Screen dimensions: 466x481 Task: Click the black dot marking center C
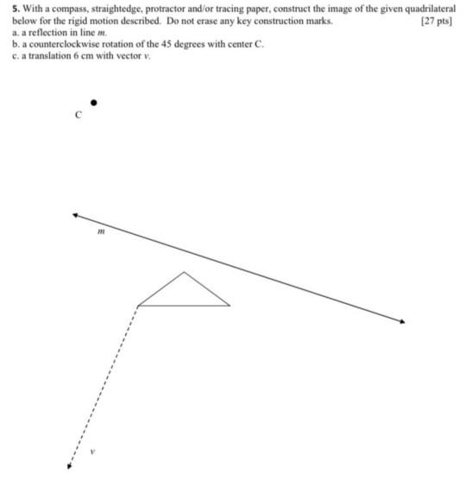coord(94,103)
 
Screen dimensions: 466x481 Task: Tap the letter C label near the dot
coord(79,114)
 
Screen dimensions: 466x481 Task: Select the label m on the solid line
coord(101,231)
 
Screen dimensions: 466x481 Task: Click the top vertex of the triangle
coord(184,273)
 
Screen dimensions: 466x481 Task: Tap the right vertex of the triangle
coord(230,305)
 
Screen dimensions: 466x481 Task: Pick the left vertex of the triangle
coord(138,305)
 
